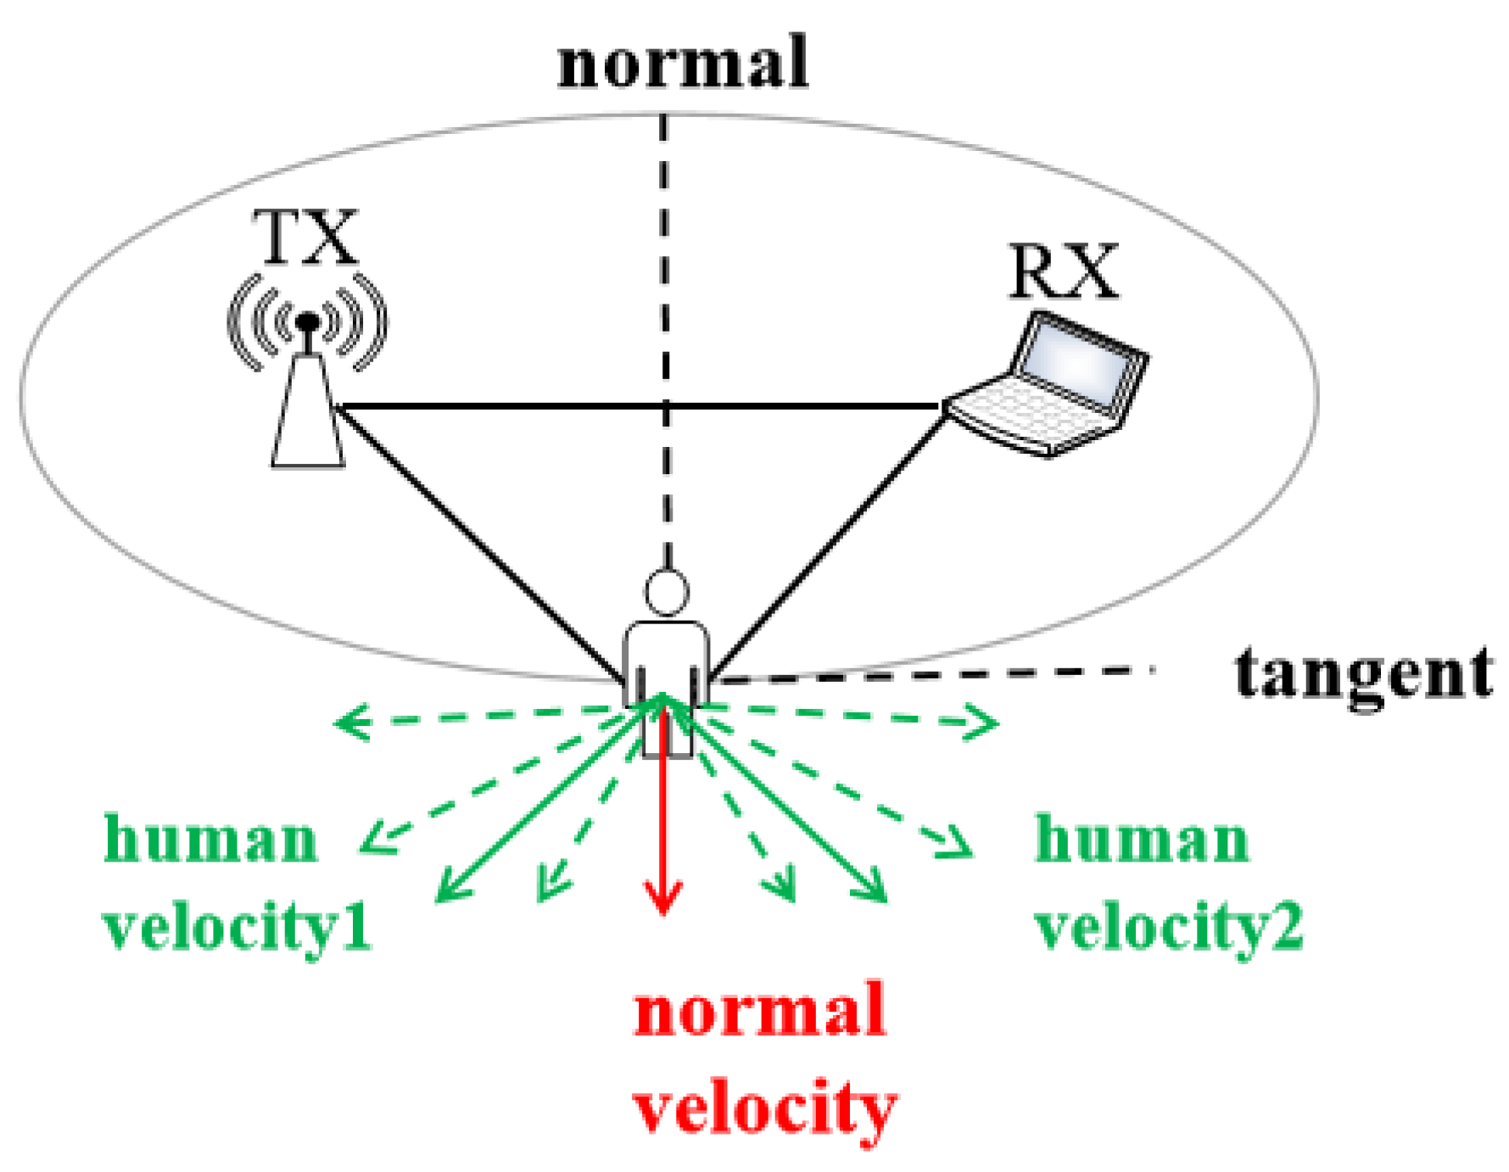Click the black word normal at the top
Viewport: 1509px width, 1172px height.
683,63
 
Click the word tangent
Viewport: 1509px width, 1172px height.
1363,675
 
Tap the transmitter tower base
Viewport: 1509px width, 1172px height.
308,424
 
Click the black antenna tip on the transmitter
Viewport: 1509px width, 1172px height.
307,321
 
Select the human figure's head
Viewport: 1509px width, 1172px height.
666,592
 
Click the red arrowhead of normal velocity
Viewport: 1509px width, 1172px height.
663,899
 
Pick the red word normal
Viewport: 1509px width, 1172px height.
759,1011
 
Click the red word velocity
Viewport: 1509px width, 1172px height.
764,1108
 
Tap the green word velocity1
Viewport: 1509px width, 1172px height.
237,926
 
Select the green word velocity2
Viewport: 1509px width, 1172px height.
1169,926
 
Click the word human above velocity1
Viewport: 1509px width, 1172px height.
210,840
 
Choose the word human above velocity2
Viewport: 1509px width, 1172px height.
1142,840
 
